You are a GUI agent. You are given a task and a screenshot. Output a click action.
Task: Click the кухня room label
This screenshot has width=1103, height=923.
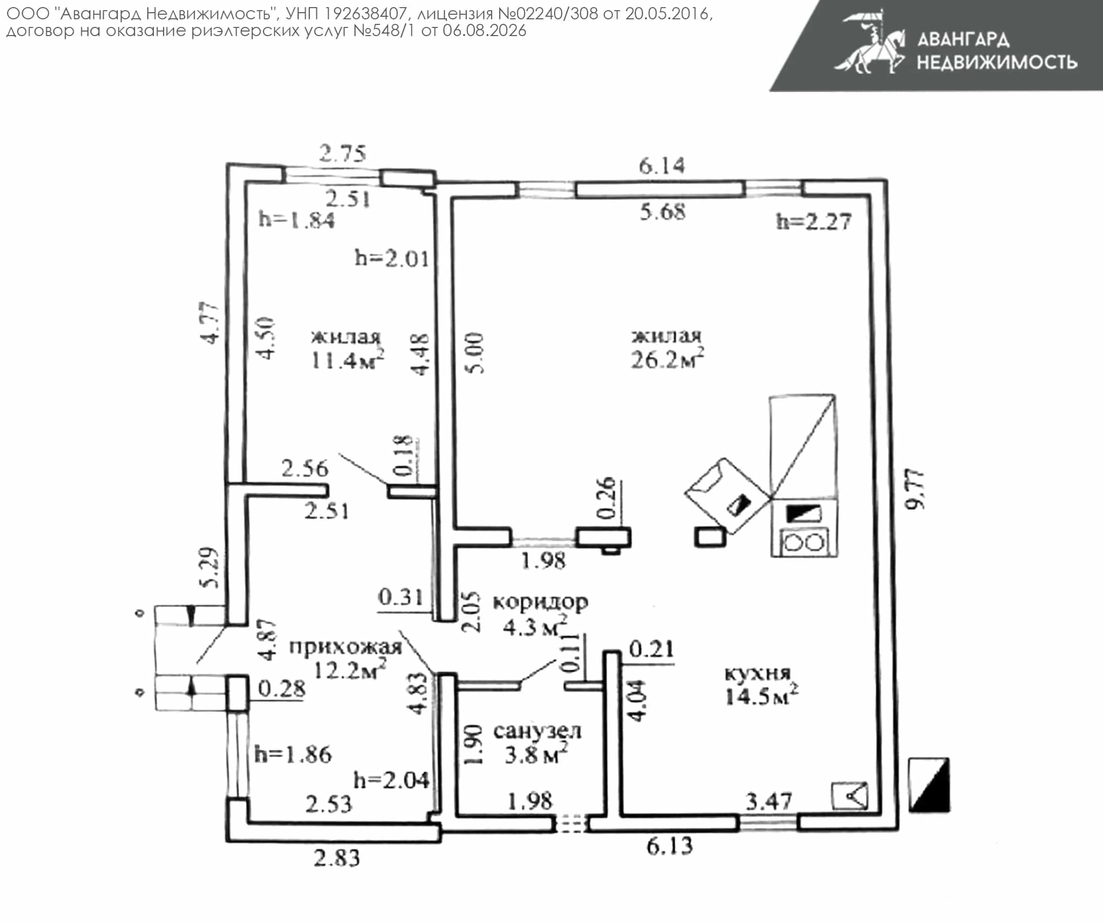[x=757, y=674]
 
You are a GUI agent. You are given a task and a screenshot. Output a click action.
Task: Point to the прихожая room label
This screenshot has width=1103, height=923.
[x=346, y=647]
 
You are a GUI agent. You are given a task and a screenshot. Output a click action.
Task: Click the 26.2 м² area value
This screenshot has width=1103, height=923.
[x=667, y=359]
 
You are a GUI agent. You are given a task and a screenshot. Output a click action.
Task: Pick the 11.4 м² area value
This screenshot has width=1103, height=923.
[x=347, y=359]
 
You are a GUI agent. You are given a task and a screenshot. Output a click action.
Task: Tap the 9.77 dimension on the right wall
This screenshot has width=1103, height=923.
[x=915, y=489]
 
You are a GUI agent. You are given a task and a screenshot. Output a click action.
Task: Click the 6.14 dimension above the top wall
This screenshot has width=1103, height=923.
[x=662, y=166]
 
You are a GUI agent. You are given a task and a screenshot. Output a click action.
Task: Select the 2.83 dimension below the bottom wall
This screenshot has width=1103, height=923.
[x=337, y=858]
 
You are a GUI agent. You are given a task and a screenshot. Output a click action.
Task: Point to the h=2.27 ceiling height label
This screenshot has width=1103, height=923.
[x=814, y=222]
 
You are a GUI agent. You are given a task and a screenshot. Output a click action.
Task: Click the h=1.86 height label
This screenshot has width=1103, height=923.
[x=293, y=755]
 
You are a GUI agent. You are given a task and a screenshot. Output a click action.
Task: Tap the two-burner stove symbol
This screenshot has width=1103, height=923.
[x=804, y=542]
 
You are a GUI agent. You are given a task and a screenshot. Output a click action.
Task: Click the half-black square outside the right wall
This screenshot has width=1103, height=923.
[x=929, y=785]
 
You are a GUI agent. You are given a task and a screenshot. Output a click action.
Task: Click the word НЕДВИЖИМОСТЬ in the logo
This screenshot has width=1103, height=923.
[x=997, y=62]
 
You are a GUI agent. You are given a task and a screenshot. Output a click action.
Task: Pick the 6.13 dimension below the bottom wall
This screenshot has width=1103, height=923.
[x=670, y=846]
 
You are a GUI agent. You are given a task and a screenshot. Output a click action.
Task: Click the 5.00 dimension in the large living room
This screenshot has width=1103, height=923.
[x=474, y=353]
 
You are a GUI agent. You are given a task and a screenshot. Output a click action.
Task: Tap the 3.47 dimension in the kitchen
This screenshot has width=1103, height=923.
[x=768, y=802]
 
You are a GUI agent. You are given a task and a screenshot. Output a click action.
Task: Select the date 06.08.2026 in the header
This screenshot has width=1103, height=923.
[x=484, y=30]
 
